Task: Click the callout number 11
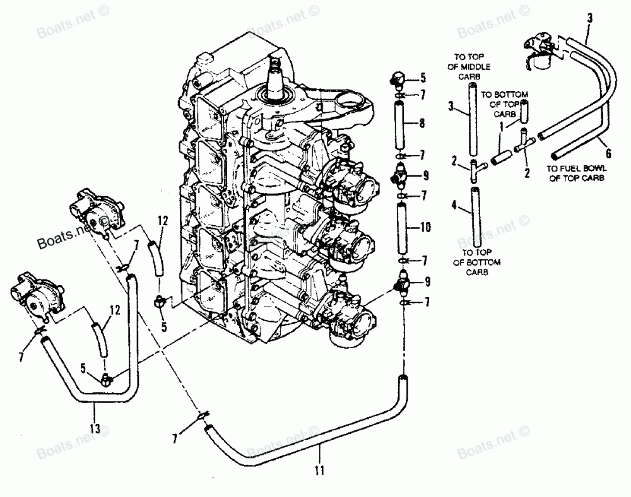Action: [x=319, y=469]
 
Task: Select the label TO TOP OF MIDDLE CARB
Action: [x=475, y=62]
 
